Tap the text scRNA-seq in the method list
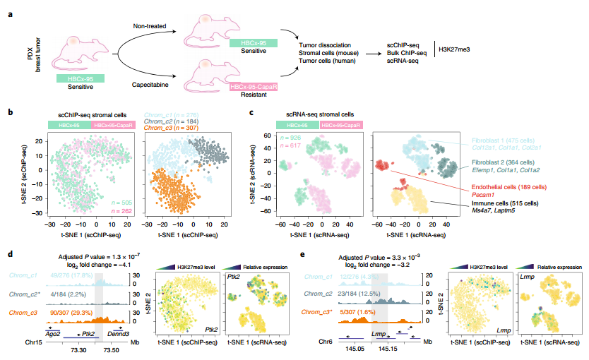pyautogui.click(x=407, y=60)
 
